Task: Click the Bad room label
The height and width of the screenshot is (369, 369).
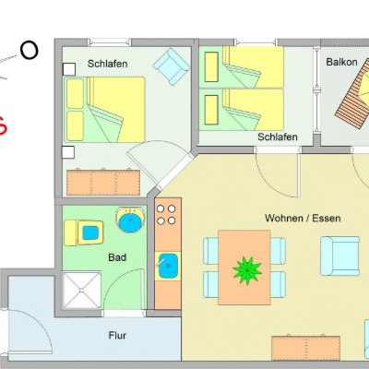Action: (117, 257)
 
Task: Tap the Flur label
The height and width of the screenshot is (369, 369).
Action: (117, 335)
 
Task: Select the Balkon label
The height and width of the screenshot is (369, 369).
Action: (341, 62)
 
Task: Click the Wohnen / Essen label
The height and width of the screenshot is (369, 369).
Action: (303, 218)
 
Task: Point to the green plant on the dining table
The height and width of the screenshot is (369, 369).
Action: (247, 270)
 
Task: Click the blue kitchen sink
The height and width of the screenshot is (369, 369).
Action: (168, 266)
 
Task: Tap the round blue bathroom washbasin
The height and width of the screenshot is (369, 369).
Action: (131, 220)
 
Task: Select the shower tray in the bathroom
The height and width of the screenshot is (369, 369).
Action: (81, 290)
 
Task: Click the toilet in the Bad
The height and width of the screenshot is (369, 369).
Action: (83, 232)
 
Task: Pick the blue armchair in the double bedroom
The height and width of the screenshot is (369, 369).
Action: (172, 66)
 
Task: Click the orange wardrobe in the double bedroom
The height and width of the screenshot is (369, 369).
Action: (103, 183)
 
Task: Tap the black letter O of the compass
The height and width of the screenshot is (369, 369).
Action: (30, 51)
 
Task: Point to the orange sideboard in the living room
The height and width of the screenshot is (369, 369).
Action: (305, 348)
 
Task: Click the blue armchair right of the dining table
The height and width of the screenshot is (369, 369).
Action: (340, 256)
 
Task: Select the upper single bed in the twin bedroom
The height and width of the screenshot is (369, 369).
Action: (241, 66)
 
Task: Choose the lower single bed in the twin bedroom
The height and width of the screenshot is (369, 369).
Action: (241, 110)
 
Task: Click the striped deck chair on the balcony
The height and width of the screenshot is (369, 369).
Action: (353, 95)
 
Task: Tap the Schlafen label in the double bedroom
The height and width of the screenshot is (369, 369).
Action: (107, 64)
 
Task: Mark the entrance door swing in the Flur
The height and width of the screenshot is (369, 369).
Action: (30, 330)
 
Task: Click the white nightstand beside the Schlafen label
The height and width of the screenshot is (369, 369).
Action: (69, 69)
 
